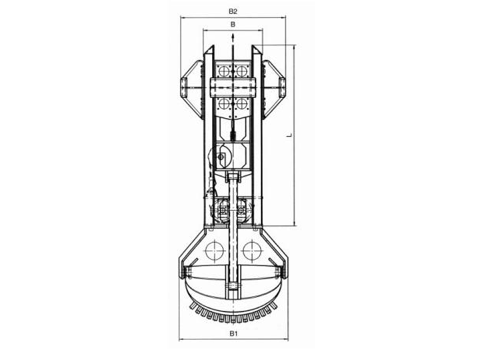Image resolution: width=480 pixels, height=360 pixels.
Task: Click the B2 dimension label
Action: point(233,11)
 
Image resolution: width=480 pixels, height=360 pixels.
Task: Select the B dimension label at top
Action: point(233,24)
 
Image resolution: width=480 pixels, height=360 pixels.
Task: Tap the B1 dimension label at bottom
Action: point(233,333)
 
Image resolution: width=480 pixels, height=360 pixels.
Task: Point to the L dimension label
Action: point(289,135)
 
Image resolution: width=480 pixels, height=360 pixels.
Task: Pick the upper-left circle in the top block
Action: point(224,71)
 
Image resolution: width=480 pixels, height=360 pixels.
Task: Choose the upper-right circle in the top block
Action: point(242,71)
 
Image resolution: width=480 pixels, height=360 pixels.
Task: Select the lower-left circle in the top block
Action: point(224,104)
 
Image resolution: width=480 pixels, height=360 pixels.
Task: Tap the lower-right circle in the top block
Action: point(242,104)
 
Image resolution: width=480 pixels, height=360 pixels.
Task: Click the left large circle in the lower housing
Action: point(215,251)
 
